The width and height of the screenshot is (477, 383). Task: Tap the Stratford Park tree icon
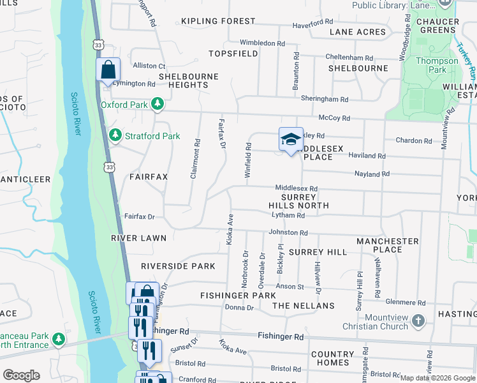[115, 135]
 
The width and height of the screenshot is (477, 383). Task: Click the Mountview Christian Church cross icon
[418, 320]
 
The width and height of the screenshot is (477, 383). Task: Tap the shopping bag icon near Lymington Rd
[108, 69]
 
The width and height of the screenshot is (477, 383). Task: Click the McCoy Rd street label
[334, 118]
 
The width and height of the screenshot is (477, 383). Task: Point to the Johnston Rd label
[288, 233]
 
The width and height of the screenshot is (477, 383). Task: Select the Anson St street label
[290, 287]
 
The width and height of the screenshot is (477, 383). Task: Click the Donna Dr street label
[240, 308]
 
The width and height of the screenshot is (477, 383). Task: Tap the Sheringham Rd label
[325, 100]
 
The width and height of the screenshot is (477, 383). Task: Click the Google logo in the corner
[21, 375]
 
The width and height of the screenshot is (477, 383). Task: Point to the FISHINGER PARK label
[238, 296]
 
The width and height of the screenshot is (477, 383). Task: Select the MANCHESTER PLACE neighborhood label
[388, 245]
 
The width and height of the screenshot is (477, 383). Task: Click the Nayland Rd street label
[372, 174]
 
